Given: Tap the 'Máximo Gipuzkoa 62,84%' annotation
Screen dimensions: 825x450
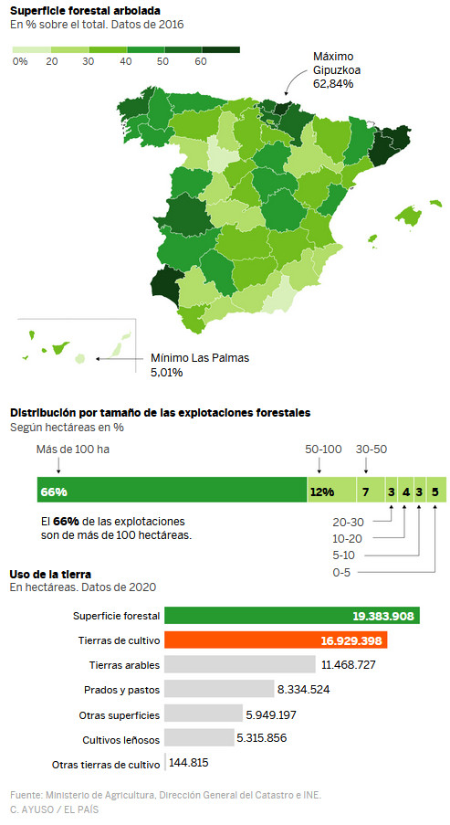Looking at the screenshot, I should [333, 69].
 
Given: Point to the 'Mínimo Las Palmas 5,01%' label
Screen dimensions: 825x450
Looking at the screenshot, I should [199, 365].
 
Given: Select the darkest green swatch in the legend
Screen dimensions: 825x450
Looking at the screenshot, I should [221, 48].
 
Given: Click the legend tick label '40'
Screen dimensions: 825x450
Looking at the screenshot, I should [125, 61].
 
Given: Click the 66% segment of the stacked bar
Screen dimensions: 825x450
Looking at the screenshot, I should [172, 491].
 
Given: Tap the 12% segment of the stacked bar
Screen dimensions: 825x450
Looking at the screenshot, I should [330, 491].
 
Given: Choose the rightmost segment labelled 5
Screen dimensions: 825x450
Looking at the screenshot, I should [436, 491].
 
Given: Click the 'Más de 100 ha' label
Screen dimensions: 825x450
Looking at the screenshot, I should [72, 450].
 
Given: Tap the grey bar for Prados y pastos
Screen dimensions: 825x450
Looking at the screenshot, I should [219, 689].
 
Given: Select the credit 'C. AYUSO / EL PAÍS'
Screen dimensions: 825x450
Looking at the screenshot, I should [55, 809].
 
